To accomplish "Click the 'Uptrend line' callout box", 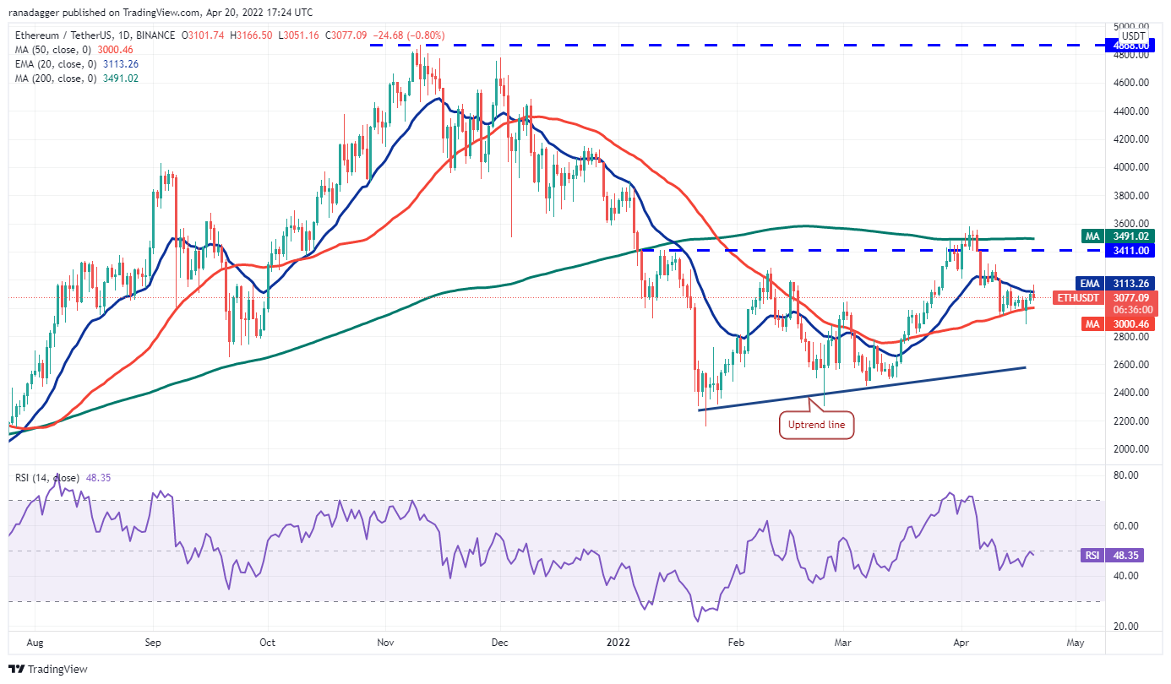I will tap(817, 425).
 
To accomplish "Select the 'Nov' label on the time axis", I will tap(385, 642).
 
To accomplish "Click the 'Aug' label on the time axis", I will tap(34, 642).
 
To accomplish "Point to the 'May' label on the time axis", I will tap(1075, 642).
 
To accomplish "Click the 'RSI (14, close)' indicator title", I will tap(49, 478).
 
